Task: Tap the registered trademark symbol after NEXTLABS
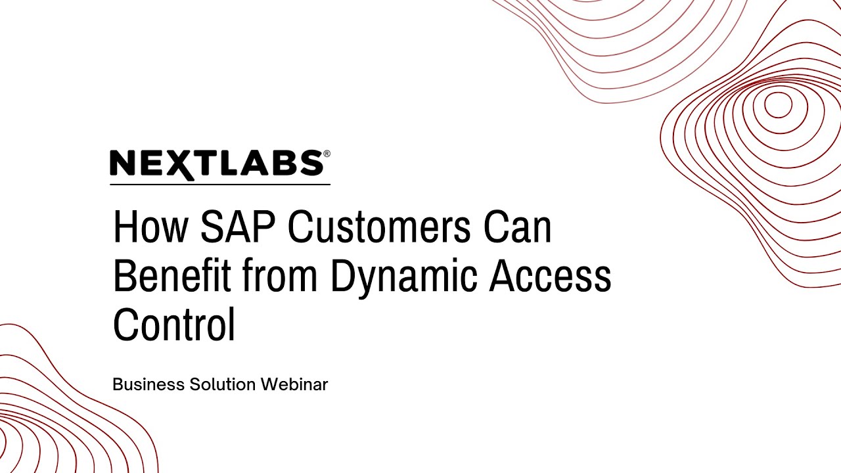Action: [x=327, y=154]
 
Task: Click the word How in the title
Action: [x=152, y=227]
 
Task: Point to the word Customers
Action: [x=379, y=227]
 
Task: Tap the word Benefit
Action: [x=172, y=276]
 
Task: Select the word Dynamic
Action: [x=403, y=277]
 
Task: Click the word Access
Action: [x=551, y=276]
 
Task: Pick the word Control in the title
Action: [x=174, y=325]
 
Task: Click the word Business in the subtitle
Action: [x=148, y=385]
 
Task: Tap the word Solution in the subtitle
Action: [x=223, y=385]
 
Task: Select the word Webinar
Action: [x=294, y=385]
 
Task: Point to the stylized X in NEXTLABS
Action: [x=186, y=165]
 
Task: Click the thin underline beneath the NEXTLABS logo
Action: [x=219, y=185]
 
